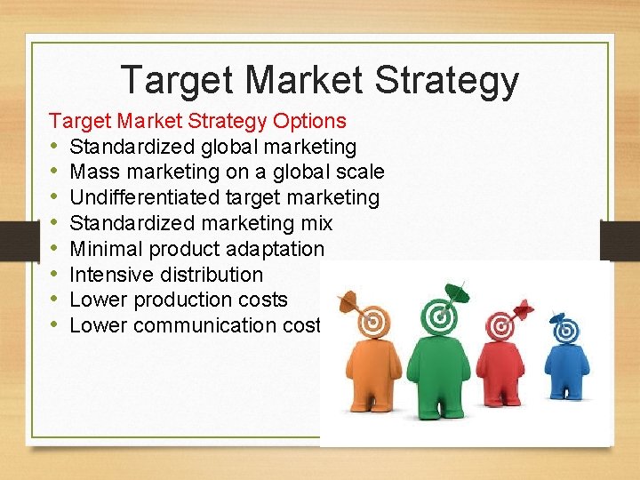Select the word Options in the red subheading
[x=310, y=120]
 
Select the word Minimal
[x=103, y=249]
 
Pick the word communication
[x=198, y=325]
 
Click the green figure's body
[x=439, y=373]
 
